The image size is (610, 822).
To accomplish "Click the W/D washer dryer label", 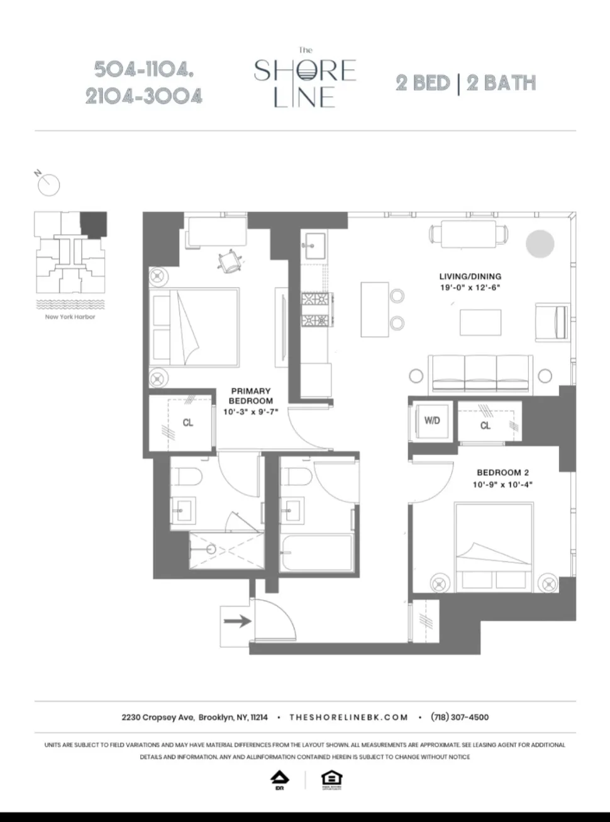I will point(432,420).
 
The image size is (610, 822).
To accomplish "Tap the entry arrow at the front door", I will point(238,621).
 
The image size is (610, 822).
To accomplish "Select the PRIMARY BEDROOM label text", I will point(250,396).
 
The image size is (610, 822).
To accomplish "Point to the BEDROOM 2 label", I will point(502,473).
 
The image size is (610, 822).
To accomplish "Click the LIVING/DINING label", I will point(470,276).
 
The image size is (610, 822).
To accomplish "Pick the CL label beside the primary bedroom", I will point(187,422).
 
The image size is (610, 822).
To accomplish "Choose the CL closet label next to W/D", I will point(485,425).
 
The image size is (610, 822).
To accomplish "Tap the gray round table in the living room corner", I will point(540,244).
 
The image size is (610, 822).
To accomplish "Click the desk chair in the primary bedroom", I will point(230,261).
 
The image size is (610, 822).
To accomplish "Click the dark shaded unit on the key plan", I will point(94,223).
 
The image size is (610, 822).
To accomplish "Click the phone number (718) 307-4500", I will point(459,717).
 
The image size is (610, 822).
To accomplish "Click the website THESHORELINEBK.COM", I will point(348,717).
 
